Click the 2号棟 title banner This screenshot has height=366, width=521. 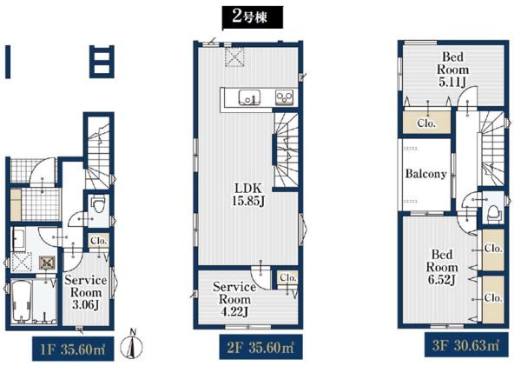click(x=252, y=17)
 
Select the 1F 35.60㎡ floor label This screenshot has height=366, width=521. click(x=73, y=349)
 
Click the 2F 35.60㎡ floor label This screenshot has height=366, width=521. click(x=260, y=348)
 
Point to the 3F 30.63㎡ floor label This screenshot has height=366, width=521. click(x=466, y=345)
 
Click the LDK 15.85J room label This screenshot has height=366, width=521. click(x=248, y=195)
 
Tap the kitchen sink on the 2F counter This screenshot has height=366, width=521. click(x=249, y=97)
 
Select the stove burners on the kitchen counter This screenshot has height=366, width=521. click(x=284, y=97)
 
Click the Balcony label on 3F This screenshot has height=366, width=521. click(x=425, y=174)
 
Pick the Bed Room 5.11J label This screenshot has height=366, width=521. click(x=452, y=70)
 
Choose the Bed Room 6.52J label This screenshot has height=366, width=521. click(x=442, y=268)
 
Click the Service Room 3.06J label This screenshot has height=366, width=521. click(x=86, y=292)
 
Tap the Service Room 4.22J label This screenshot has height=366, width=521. click(x=234, y=299)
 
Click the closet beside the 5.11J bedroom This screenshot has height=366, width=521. click(x=427, y=122)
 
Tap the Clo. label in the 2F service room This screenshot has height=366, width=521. click(x=287, y=276)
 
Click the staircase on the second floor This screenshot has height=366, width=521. click(x=286, y=150)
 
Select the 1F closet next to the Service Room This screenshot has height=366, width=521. click(x=99, y=241)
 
